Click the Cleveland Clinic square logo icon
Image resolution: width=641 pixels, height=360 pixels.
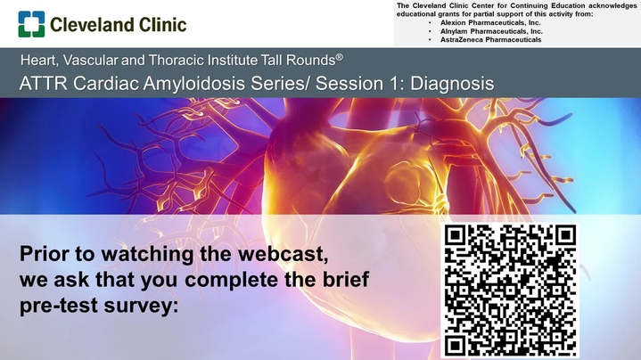(31, 24)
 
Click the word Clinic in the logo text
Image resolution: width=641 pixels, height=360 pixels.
(163, 25)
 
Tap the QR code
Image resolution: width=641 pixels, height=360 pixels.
(510, 290)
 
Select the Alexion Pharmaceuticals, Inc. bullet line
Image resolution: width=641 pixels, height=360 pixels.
(490, 23)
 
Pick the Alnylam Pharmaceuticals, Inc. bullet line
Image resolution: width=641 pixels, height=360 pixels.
(491, 31)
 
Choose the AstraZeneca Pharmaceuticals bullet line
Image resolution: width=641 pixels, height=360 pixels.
(490, 40)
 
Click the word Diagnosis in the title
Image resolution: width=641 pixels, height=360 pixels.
(452, 84)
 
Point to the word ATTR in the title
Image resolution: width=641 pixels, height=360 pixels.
(43, 84)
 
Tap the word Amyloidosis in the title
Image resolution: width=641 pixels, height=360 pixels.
(194, 84)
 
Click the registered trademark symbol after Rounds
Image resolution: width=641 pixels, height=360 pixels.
(340, 57)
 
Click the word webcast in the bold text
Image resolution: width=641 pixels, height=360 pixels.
(284, 254)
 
